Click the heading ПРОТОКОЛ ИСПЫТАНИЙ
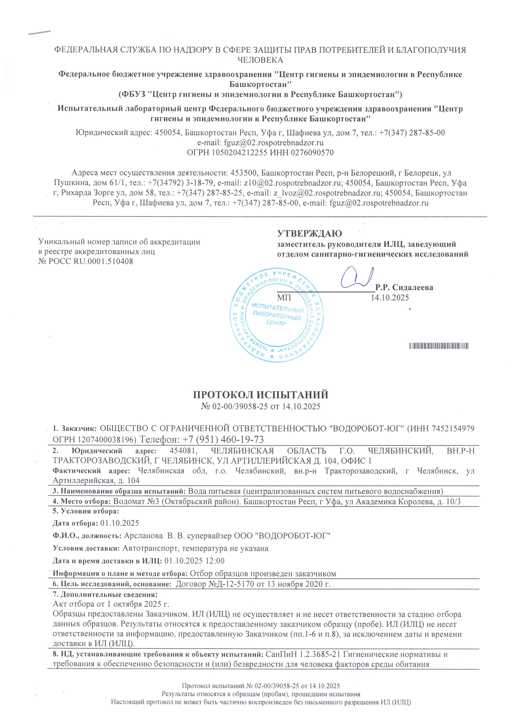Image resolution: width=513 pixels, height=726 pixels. coord(261,395)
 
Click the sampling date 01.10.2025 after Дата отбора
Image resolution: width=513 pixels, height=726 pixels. coord(119,523)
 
